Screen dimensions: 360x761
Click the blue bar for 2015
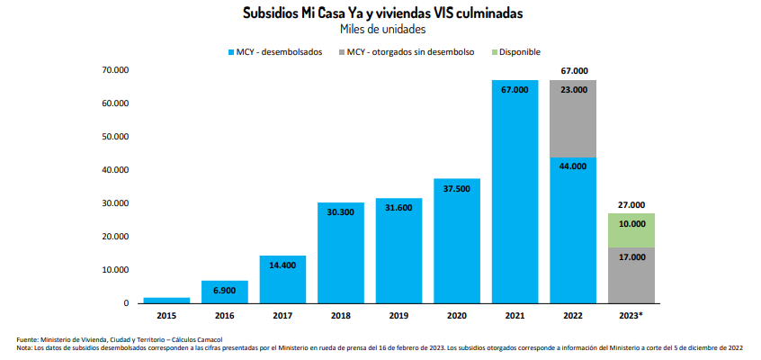[166, 300]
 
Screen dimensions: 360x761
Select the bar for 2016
[224, 292]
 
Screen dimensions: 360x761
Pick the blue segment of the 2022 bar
[573, 230]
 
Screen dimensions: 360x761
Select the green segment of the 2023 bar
[631, 230]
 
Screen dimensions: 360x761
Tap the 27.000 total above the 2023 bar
[631, 205]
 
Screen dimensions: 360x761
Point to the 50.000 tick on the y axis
[115, 137]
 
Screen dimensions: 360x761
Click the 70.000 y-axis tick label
[115, 70]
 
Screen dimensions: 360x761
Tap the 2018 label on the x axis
[340, 316]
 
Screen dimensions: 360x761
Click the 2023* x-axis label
[631, 316]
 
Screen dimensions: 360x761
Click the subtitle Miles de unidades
[381, 30]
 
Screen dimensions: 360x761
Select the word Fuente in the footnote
[28, 338]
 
